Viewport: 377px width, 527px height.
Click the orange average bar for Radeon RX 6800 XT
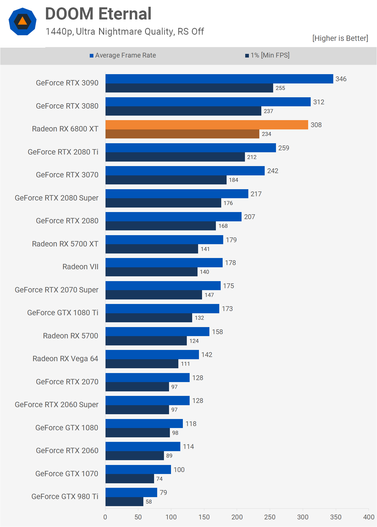click(x=207, y=125)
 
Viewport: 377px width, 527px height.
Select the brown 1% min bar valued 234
click(x=182, y=134)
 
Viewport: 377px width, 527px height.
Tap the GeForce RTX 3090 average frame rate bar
click(x=219, y=79)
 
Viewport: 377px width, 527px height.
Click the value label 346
click(x=341, y=79)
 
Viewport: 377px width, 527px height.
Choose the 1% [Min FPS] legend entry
click(x=267, y=55)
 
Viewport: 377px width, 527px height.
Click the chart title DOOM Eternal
click(x=98, y=14)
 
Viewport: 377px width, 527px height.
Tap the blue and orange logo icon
click(x=23, y=21)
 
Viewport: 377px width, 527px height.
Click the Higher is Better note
click(x=340, y=38)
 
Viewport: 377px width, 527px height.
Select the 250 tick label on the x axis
click(x=270, y=517)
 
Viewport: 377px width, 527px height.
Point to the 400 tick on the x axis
click(x=369, y=517)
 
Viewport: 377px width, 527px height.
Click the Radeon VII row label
click(x=80, y=267)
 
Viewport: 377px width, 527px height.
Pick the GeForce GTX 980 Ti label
click(x=65, y=497)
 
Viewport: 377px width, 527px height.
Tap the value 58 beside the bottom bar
click(x=149, y=502)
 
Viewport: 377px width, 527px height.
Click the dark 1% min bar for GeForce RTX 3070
click(x=166, y=180)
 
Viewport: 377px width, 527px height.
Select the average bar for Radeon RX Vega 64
click(x=152, y=355)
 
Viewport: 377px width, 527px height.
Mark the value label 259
click(x=284, y=148)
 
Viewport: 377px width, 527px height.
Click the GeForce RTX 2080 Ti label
click(x=63, y=152)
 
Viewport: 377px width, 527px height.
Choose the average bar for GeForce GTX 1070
click(x=138, y=469)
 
